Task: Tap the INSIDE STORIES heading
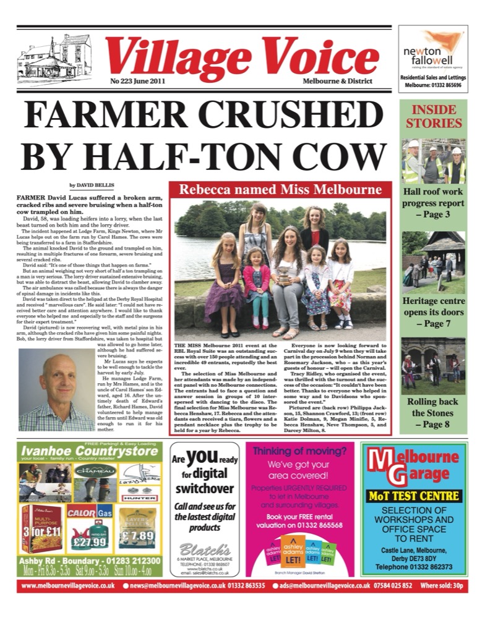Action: [x=434, y=116]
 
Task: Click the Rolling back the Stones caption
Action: [x=434, y=413]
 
